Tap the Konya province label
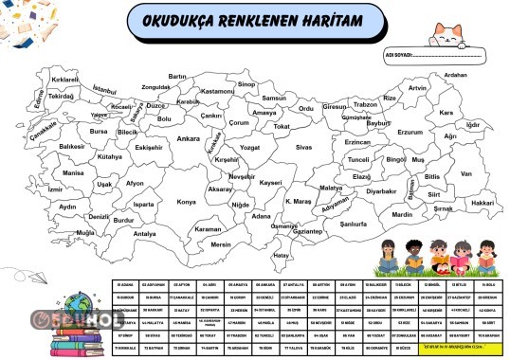(187, 202)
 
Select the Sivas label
(303, 148)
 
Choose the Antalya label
(145, 233)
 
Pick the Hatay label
(280, 255)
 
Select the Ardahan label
(456, 74)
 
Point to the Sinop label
(247, 84)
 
